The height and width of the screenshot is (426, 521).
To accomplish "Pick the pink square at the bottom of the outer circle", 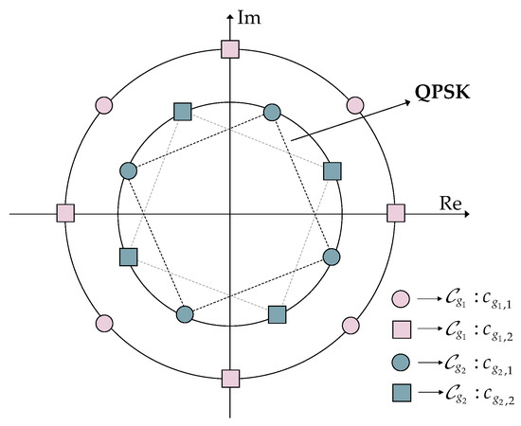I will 229,379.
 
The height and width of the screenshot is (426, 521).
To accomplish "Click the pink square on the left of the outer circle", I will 65,214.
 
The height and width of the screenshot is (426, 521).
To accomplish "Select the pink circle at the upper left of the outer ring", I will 105,104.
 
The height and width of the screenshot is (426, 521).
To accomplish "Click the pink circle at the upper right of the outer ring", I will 355,104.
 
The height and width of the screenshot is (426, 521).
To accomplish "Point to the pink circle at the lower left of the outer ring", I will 105,323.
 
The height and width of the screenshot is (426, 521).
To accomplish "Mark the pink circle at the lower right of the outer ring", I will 350,325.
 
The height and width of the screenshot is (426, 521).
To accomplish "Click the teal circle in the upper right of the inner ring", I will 272,113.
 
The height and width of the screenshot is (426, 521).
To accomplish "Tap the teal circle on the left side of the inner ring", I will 129,171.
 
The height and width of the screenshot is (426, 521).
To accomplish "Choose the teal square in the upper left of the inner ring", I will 184,113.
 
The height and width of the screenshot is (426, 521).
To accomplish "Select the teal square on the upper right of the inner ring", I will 332,171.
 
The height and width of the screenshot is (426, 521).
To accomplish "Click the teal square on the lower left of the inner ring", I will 129,257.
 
